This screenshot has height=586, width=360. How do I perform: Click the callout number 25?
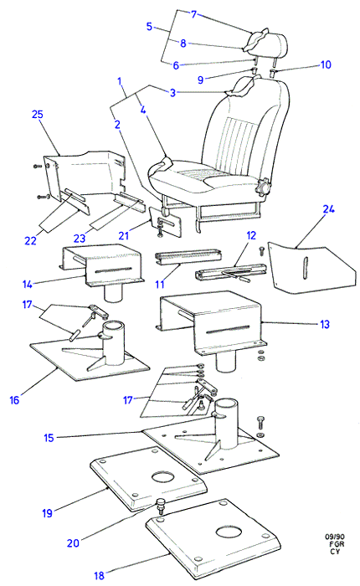[38, 115]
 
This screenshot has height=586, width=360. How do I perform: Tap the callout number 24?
[328, 209]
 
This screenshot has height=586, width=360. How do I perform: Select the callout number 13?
[325, 324]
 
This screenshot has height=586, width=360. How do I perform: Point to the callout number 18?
[99, 576]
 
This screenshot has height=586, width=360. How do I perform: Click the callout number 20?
[74, 542]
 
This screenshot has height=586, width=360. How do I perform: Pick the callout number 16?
[14, 401]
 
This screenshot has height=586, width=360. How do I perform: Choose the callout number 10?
[326, 64]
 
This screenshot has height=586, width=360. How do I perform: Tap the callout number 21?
[124, 235]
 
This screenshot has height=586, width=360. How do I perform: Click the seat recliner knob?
[264, 187]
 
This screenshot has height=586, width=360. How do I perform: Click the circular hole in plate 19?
[163, 477]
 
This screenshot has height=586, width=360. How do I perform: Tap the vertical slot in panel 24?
[306, 268]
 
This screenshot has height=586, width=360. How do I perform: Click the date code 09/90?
[334, 537]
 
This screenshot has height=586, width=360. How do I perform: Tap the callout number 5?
[150, 27]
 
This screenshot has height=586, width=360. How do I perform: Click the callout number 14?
[28, 285]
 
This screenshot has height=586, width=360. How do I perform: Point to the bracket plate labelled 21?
[165, 223]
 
